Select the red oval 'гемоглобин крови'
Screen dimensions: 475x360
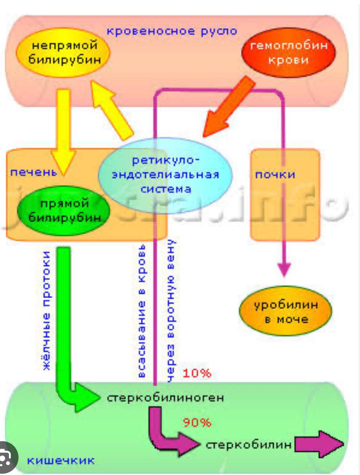(x=288, y=52)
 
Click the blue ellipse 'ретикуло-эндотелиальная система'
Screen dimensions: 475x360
(x=166, y=174)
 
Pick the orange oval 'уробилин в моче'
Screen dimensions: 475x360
(x=285, y=312)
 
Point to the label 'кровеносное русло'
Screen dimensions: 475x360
(x=171, y=31)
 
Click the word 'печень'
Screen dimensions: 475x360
(x=33, y=172)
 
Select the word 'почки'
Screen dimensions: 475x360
(x=275, y=174)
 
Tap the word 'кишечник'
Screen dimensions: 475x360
(x=61, y=461)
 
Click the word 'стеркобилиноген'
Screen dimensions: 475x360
(x=166, y=398)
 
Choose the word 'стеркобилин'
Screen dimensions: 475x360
(x=248, y=445)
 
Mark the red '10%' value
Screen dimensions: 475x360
(x=197, y=373)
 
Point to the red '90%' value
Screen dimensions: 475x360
(x=197, y=422)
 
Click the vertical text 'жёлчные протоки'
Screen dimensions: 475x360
(x=46, y=310)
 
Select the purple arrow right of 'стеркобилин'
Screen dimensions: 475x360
(x=319, y=445)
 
